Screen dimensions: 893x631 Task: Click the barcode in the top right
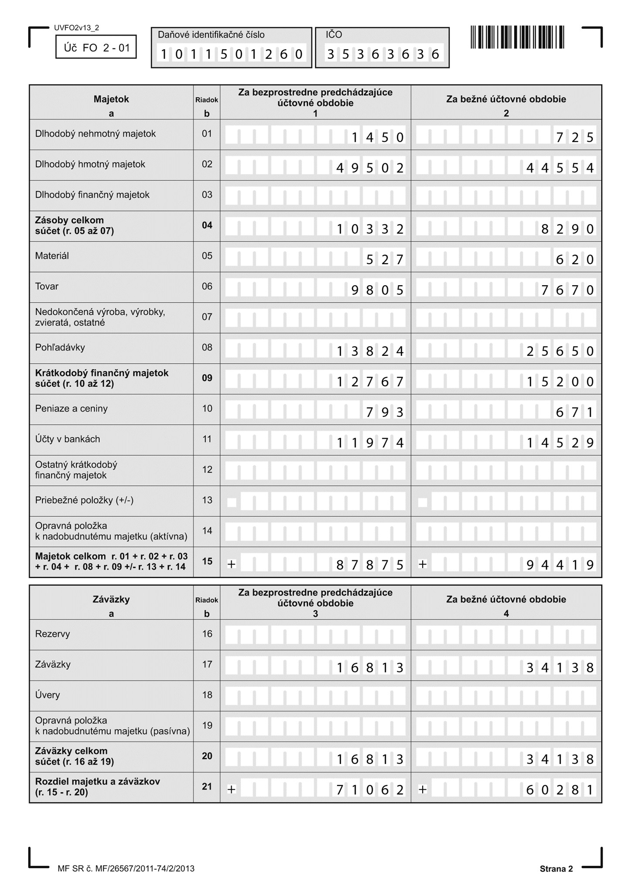pyautogui.click(x=517, y=37)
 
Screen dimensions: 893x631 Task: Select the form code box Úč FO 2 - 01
pyautogui.click(x=96, y=47)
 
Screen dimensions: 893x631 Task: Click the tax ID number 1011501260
pyautogui.click(x=232, y=54)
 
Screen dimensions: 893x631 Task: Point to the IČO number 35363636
pyautogui.click(x=383, y=54)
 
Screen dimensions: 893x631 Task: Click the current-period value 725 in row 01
pyautogui.click(x=575, y=138)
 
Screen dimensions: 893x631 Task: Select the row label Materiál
pyautogui.click(x=52, y=256)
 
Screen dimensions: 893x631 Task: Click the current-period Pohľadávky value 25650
pyautogui.click(x=560, y=351)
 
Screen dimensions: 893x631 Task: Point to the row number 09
pyautogui.click(x=207, y=378)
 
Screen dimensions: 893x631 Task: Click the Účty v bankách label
pyautogui.click(x=68, y=439)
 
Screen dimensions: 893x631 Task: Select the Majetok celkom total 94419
pyautogui.click(x=560, y=565)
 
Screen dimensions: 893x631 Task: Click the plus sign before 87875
pyautogui.click(x=232, y=564)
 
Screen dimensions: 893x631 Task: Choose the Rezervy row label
pyautogui.click(x=52, y=634)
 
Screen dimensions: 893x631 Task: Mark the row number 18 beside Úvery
pyautogui.click(x=207, y=695)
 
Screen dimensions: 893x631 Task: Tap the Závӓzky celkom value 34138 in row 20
pyautogui.click(x=560, y=759)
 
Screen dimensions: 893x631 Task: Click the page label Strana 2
pyautogui.click(x=556, y=869)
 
